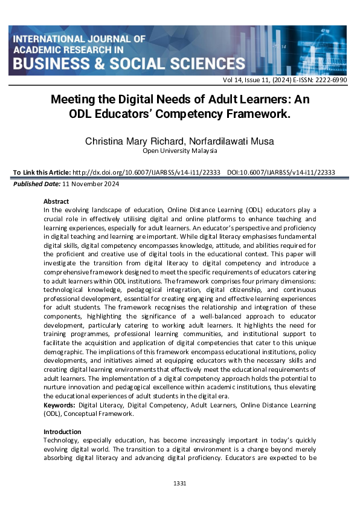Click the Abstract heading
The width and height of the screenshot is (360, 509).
56,201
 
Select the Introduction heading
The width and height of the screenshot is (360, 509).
62,432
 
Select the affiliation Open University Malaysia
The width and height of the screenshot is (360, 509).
180,151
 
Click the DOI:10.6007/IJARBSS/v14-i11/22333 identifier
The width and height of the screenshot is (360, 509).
281,172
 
